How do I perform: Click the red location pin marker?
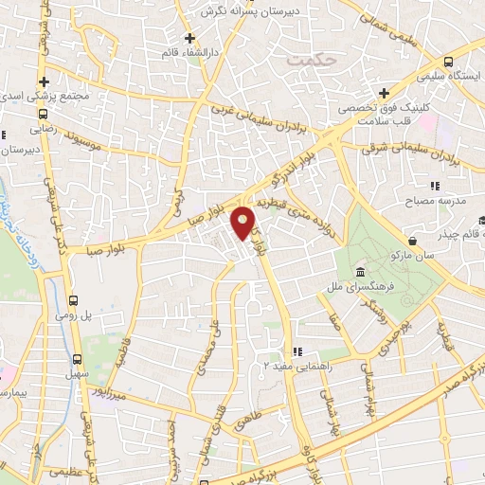pyautogui.click(x=245, y=222)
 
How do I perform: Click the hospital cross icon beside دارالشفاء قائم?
pyautogui.click(x=190, y=39)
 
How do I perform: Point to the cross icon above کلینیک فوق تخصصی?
pyautogui.click(x=384, y=92)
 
